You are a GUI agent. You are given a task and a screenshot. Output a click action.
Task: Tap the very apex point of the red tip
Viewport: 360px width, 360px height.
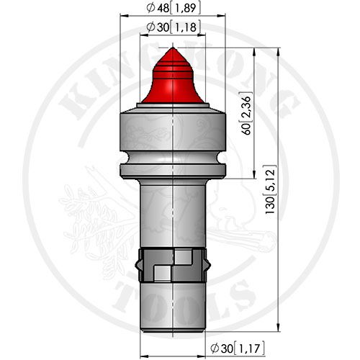click(173, 48)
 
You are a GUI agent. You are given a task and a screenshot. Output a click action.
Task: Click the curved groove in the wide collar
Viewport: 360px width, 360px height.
click(173, 157)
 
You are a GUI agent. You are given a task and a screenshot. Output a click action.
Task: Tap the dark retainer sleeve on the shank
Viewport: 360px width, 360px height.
click(173, 265)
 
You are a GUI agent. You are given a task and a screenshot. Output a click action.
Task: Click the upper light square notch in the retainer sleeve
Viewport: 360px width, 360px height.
click(184, 257)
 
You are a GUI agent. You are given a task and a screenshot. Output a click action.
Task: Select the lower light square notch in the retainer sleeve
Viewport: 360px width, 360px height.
click(163, 273)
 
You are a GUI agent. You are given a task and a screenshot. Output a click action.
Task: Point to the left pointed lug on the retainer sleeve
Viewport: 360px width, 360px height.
click(138, 265)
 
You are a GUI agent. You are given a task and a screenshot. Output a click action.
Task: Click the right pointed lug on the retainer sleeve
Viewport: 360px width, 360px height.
click(208, 265)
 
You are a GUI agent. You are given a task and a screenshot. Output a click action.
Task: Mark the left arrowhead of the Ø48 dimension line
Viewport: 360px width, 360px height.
click(125, 16)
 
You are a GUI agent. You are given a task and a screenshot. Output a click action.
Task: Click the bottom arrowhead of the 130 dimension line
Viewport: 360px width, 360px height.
click(278, 327)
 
